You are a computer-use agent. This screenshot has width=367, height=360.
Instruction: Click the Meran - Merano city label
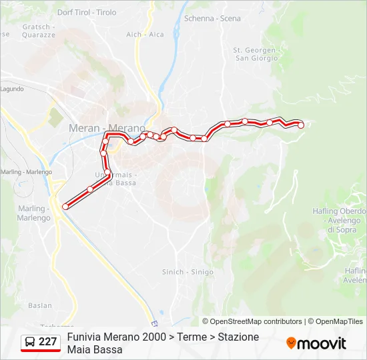pos(107,127)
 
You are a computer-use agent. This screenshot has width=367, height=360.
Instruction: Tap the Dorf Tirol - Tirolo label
pos(87,12)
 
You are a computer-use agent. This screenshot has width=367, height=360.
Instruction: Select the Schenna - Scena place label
pos(212,18)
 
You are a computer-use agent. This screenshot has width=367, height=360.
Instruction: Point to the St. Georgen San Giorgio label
pos(255,54)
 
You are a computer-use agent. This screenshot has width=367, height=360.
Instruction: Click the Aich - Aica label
pos(145,34)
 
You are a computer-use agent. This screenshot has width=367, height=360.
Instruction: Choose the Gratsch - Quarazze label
pos(39,31)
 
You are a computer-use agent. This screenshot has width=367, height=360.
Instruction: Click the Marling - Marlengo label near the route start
pos(34,213)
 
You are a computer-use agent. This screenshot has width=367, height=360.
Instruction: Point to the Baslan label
pos(40,305)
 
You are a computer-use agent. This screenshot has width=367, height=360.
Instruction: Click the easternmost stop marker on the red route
pos(301,125)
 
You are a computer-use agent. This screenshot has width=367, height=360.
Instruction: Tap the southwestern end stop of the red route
pos(65,207)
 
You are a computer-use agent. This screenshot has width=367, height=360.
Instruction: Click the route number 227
pos(48,342)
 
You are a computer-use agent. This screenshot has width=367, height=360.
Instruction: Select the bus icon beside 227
pos(30,342)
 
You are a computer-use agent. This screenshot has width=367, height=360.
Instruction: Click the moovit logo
pos(316,343)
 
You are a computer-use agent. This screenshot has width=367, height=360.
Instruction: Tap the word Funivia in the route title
pos(85,337)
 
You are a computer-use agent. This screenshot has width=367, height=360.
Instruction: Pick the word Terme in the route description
pos(192,337)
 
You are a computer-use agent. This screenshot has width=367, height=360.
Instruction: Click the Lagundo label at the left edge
pos(12,89)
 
